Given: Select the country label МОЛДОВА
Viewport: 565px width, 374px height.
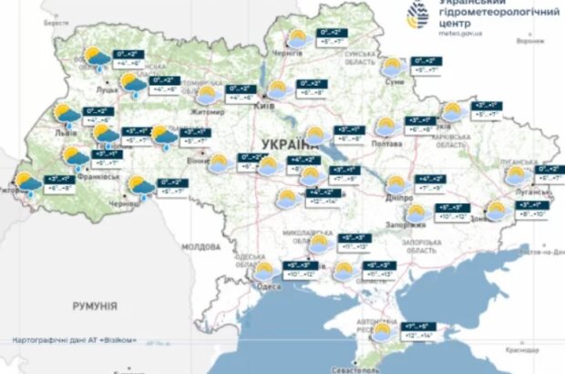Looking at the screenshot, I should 200,247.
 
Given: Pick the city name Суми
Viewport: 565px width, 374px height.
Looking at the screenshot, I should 395,80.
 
